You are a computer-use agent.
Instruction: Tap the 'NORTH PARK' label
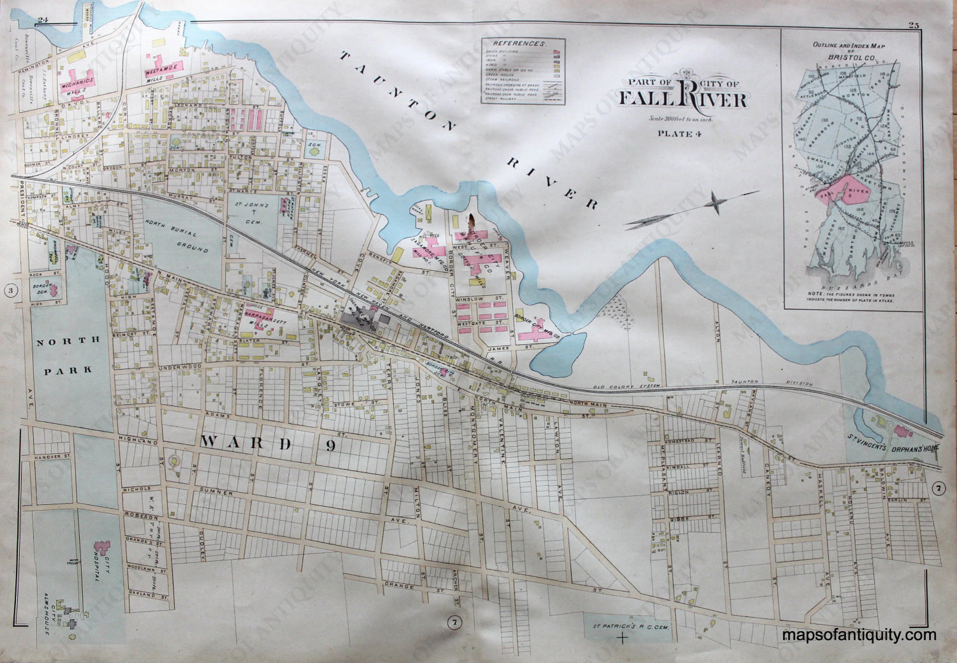tap(68, 355)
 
